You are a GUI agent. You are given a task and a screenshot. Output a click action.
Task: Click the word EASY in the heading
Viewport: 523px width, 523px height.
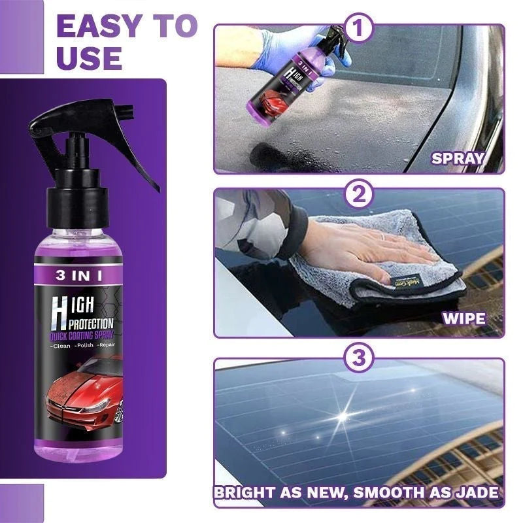[97, 27]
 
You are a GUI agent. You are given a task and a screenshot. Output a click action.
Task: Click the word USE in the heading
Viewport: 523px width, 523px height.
[89, 58]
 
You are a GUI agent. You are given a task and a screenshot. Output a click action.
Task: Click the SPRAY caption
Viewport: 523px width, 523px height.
[458, 158]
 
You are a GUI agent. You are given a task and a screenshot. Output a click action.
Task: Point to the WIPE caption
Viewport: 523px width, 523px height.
[464, 318]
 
